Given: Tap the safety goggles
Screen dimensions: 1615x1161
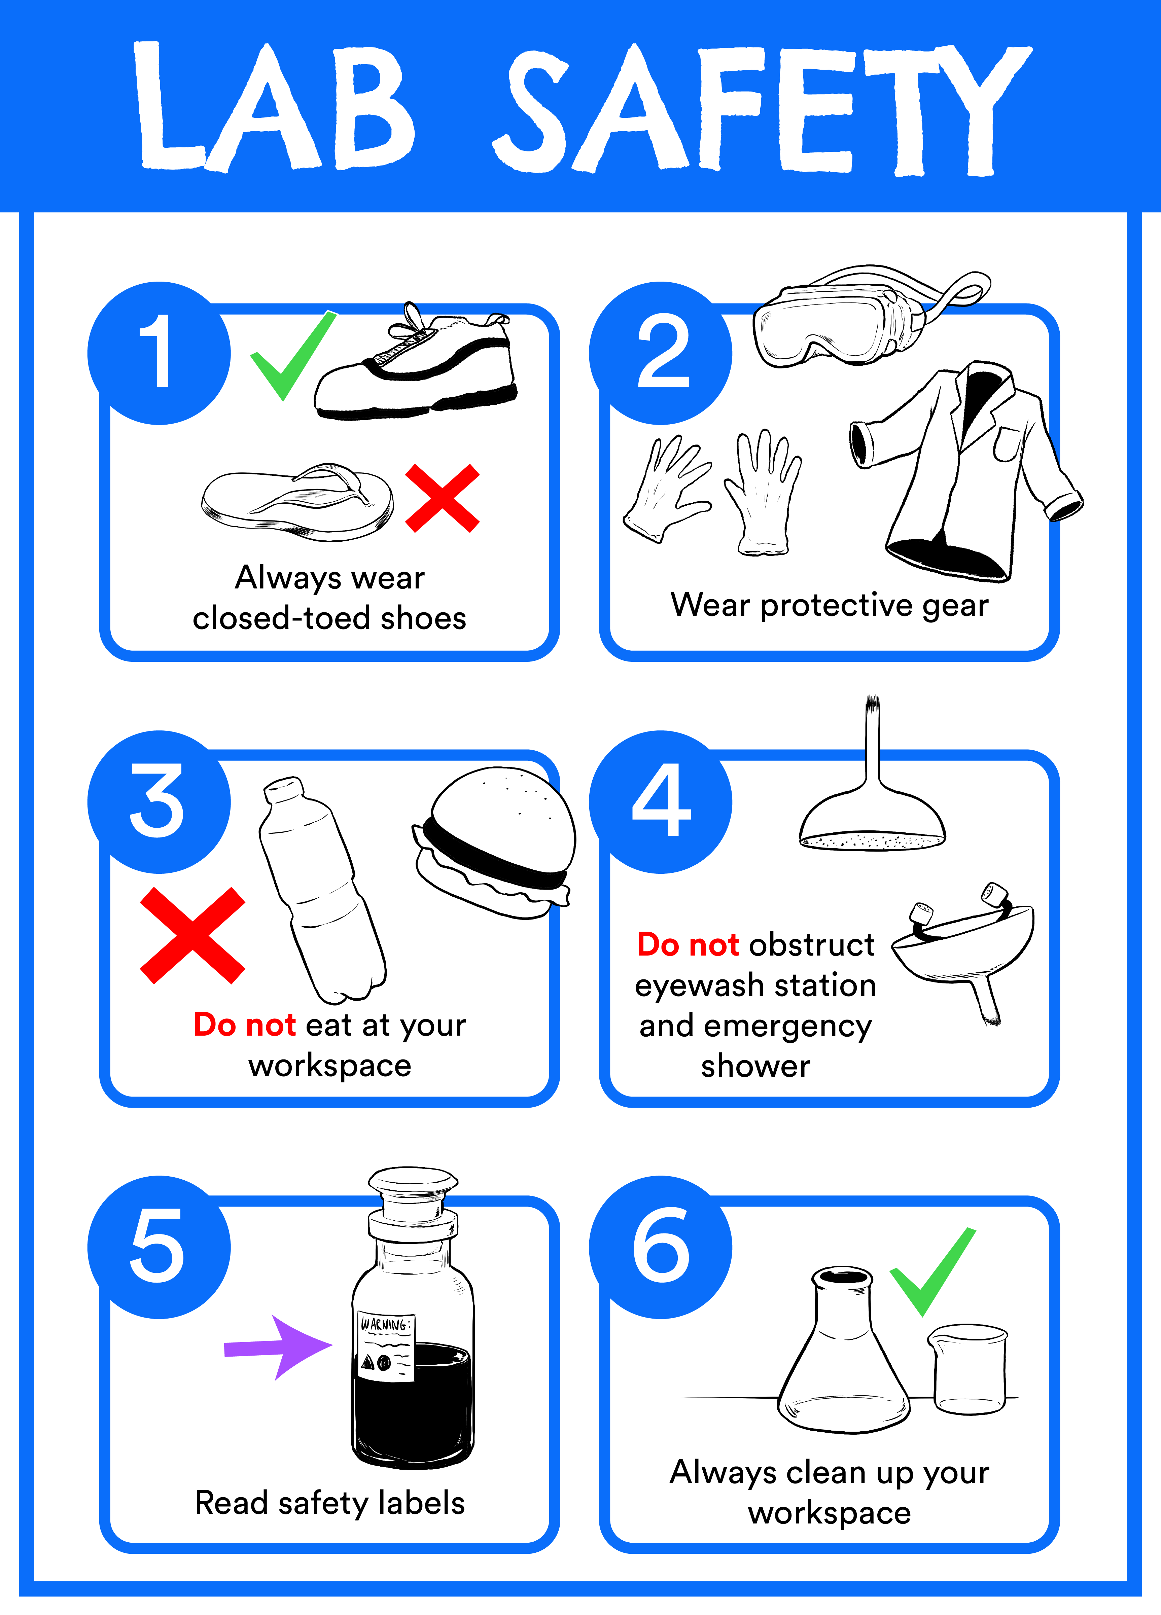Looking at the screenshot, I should [841, 320].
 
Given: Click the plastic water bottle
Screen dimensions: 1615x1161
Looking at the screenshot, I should [320, 890].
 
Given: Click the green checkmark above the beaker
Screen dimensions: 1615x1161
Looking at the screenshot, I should [933, 1275].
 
